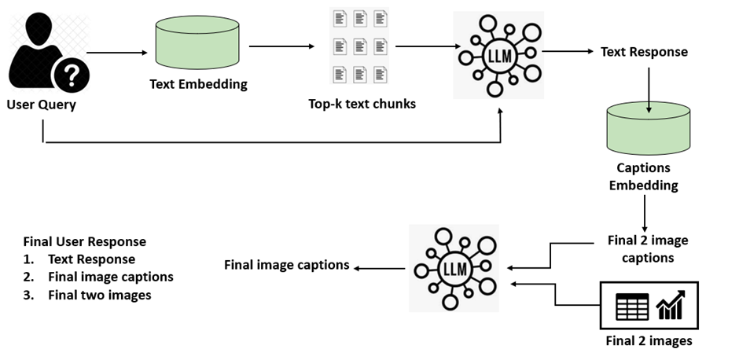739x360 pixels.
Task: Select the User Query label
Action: (41, 105)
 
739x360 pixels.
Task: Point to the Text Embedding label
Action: (198, 84)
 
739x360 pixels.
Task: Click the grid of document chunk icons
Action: (361, 46)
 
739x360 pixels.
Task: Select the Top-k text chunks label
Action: (362, 103)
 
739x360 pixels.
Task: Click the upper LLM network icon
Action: (498, 53)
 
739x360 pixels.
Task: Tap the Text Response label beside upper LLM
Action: (644, 52)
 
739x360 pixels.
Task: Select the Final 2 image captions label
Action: (648, 248)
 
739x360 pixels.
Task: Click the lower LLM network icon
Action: (455, 269)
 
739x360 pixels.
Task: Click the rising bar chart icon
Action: (671, 305)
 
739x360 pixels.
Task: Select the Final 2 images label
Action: (649, 341)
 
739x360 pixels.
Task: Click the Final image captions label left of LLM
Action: (286, 265)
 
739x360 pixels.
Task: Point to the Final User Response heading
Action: (85, 241)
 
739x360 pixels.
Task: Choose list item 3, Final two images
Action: (99, 296)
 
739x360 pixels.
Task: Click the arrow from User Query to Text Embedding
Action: (117, 53)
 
